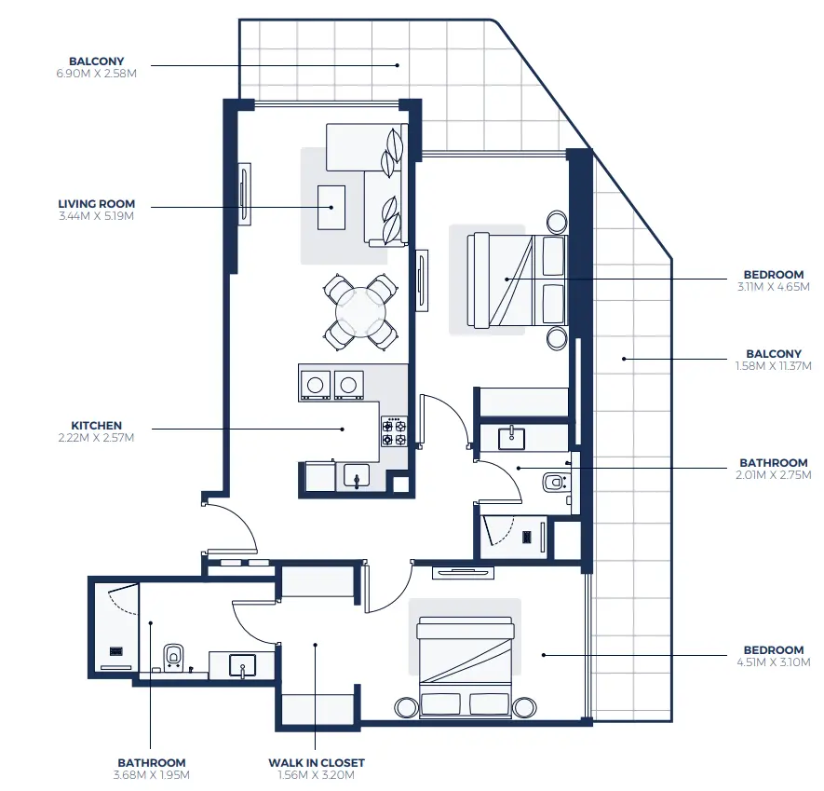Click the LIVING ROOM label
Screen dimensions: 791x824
click(x=96, y=203)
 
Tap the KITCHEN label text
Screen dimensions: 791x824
click(x=96, y=425)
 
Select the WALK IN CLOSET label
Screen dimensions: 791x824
click(x=317, y=762)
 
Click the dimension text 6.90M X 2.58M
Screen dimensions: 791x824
click(x=96, y=73)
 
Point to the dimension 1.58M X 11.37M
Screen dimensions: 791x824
click(x=773, y=366)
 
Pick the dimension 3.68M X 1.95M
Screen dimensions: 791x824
click(x=151, y=774)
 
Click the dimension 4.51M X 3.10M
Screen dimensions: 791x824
click(x=773, y=662)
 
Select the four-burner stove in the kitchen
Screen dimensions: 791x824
click(x=394, y=430)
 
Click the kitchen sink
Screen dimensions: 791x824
click(x=357, y=476)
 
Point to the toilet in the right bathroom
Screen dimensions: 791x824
click(x=556, y=482)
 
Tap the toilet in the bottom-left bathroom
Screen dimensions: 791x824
click(x=173, y=655)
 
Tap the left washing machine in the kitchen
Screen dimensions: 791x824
click(x=317, y=384)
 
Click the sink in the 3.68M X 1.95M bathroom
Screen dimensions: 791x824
click(x=242, y=665)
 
